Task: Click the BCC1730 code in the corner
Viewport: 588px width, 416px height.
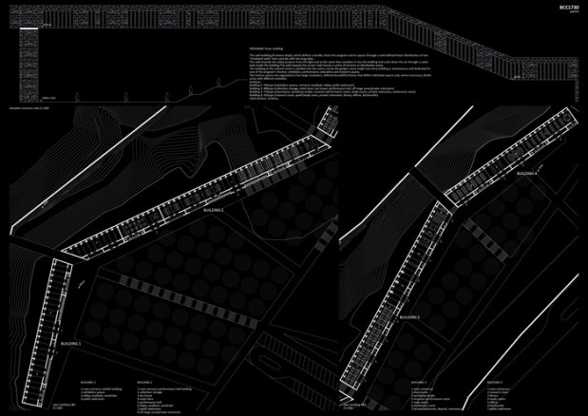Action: (x=566, y=8)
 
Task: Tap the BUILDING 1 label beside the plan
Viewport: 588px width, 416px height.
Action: (x=71, y=341)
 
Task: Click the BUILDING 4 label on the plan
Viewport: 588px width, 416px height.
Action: (x=527, y=174)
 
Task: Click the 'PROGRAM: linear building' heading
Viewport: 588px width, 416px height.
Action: (x=267, y=46)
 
